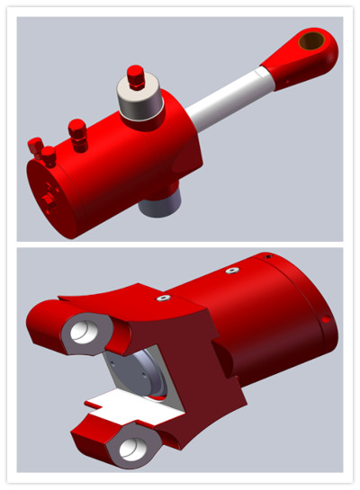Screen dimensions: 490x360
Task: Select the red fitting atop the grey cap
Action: (x=136, y=76)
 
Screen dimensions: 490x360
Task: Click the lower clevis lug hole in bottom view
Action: (x=131, y=447)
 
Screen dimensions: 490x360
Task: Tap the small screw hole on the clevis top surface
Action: (x=164, y=298)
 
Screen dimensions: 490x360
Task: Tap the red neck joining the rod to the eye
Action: (x=274, y=65)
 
